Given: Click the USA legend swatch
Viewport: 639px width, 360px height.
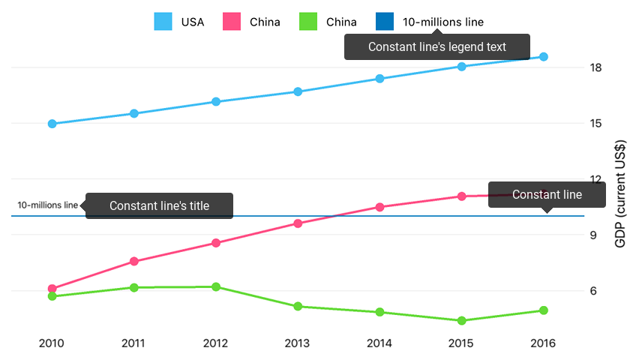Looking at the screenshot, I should coord(163,22).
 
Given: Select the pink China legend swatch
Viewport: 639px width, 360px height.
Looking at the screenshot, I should coord(232,22).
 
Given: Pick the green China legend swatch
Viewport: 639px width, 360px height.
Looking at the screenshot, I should coord(308,22).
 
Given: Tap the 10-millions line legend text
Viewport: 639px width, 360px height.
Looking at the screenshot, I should coord(442,22).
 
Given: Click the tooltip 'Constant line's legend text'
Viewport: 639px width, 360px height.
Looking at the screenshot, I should coord(437,46).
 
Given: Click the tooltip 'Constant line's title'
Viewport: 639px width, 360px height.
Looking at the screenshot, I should coord(159,205).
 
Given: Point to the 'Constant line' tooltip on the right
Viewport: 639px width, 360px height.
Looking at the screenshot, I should coord(547,195).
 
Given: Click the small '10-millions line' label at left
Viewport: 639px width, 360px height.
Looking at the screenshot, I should coord(47,205).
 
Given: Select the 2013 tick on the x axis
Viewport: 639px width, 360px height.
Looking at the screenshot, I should coord(298,343).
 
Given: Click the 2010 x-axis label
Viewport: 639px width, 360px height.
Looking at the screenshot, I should coord(52,343).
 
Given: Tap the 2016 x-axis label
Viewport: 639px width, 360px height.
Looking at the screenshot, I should coord(543,343).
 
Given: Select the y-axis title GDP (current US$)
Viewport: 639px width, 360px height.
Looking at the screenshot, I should coord(619,196).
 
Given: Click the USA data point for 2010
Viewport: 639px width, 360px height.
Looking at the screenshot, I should coord(52,124).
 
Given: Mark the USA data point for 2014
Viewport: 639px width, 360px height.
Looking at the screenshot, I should coord(379,79).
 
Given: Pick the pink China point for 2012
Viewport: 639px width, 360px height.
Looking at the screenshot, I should coord(216,243).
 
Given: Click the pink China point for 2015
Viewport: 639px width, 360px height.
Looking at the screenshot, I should coord(461,196).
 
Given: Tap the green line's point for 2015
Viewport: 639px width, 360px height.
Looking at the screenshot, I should coord(461,321).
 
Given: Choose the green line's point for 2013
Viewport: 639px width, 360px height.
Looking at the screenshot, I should coord(298,306).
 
